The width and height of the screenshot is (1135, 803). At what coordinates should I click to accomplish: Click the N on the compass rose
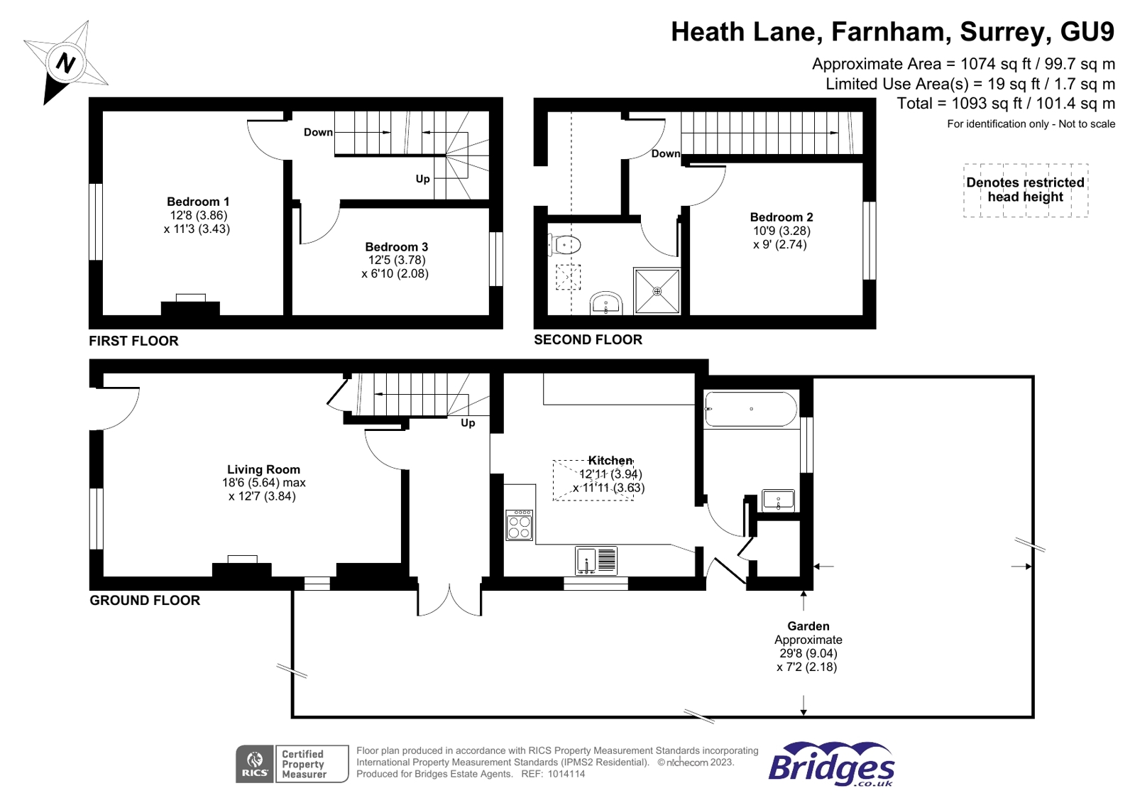(65, 63)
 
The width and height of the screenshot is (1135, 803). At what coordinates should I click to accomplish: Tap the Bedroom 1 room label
(198, 202)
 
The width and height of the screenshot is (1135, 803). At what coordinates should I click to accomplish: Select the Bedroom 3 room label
(396, 247)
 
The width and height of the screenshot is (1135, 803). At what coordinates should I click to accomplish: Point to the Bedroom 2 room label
(781, 217)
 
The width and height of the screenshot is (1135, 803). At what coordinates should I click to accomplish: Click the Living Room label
(263, 469)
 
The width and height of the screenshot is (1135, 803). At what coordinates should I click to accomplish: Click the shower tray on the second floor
(657, 290)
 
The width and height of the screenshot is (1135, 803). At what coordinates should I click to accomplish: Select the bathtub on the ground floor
(750, 409)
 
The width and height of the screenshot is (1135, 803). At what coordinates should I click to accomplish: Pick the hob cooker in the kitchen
(520, 525)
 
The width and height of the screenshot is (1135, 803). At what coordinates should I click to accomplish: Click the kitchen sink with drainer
(596, 561)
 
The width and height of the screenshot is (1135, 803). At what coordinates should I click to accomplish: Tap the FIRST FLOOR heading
(133, 341)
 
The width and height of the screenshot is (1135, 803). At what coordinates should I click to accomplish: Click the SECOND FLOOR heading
(588, 339)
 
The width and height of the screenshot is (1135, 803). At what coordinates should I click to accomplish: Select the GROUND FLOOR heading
(145, 600)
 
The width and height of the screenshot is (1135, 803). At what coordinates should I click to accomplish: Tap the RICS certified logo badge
(292, 764)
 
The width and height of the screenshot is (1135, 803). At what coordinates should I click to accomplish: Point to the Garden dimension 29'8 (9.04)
(808, 653)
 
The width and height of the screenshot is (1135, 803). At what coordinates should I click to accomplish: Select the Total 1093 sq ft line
(1005, 104)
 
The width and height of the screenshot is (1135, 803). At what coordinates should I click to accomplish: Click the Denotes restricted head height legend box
(1025, 190)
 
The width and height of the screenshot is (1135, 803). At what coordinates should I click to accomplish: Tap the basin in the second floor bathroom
(605, 304)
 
